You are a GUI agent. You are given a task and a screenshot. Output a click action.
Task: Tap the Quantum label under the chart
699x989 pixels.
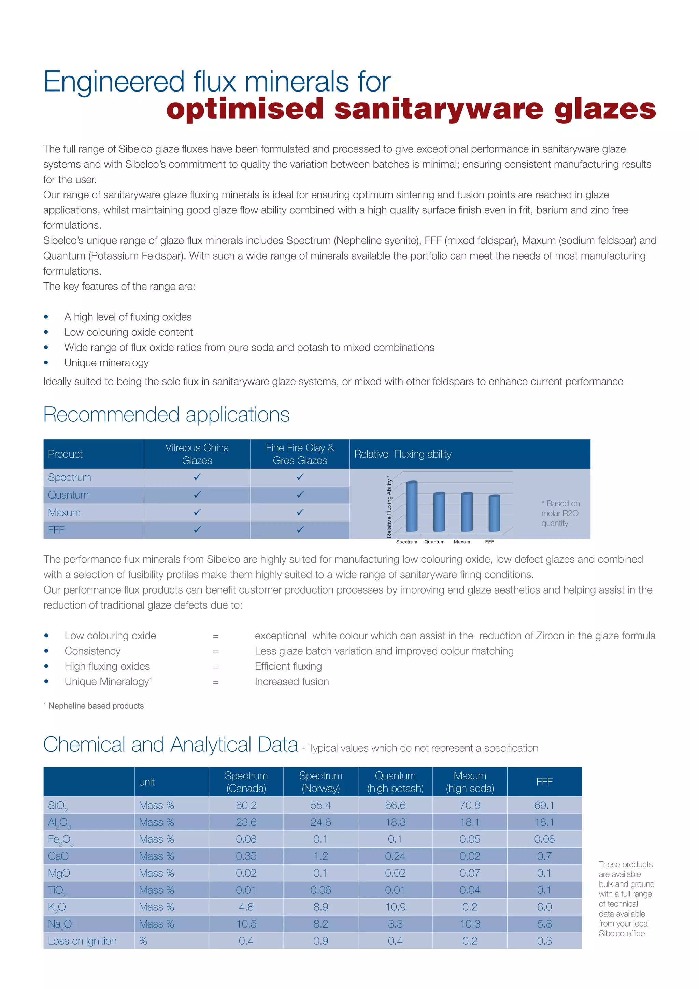coord(434,542)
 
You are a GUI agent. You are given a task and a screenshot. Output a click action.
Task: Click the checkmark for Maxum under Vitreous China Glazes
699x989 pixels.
coord(197,512)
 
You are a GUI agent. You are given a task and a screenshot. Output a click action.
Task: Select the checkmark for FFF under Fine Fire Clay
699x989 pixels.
coord(300,529)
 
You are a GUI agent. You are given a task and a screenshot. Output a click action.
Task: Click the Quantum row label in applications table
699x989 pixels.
coord(69,495)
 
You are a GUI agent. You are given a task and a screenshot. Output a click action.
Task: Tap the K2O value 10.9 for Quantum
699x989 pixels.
coord(395,907)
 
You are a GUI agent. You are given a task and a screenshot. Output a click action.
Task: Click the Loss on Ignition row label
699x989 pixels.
coord(82,941)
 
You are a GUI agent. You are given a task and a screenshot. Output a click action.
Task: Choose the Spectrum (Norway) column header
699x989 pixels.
coord(321,781)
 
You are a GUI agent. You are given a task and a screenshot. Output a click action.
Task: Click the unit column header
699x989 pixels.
coord(147,782)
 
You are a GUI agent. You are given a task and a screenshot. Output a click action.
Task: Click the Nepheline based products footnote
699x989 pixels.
coord(96,706)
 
